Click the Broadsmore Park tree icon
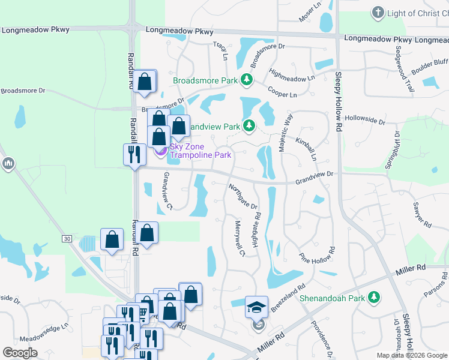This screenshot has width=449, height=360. click(246, 79)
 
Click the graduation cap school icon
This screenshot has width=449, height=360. click(256, 308)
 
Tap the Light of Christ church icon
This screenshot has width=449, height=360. click(378, 13)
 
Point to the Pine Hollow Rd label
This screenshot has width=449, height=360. click(316, 250)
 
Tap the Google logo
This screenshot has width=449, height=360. click(20, 352)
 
